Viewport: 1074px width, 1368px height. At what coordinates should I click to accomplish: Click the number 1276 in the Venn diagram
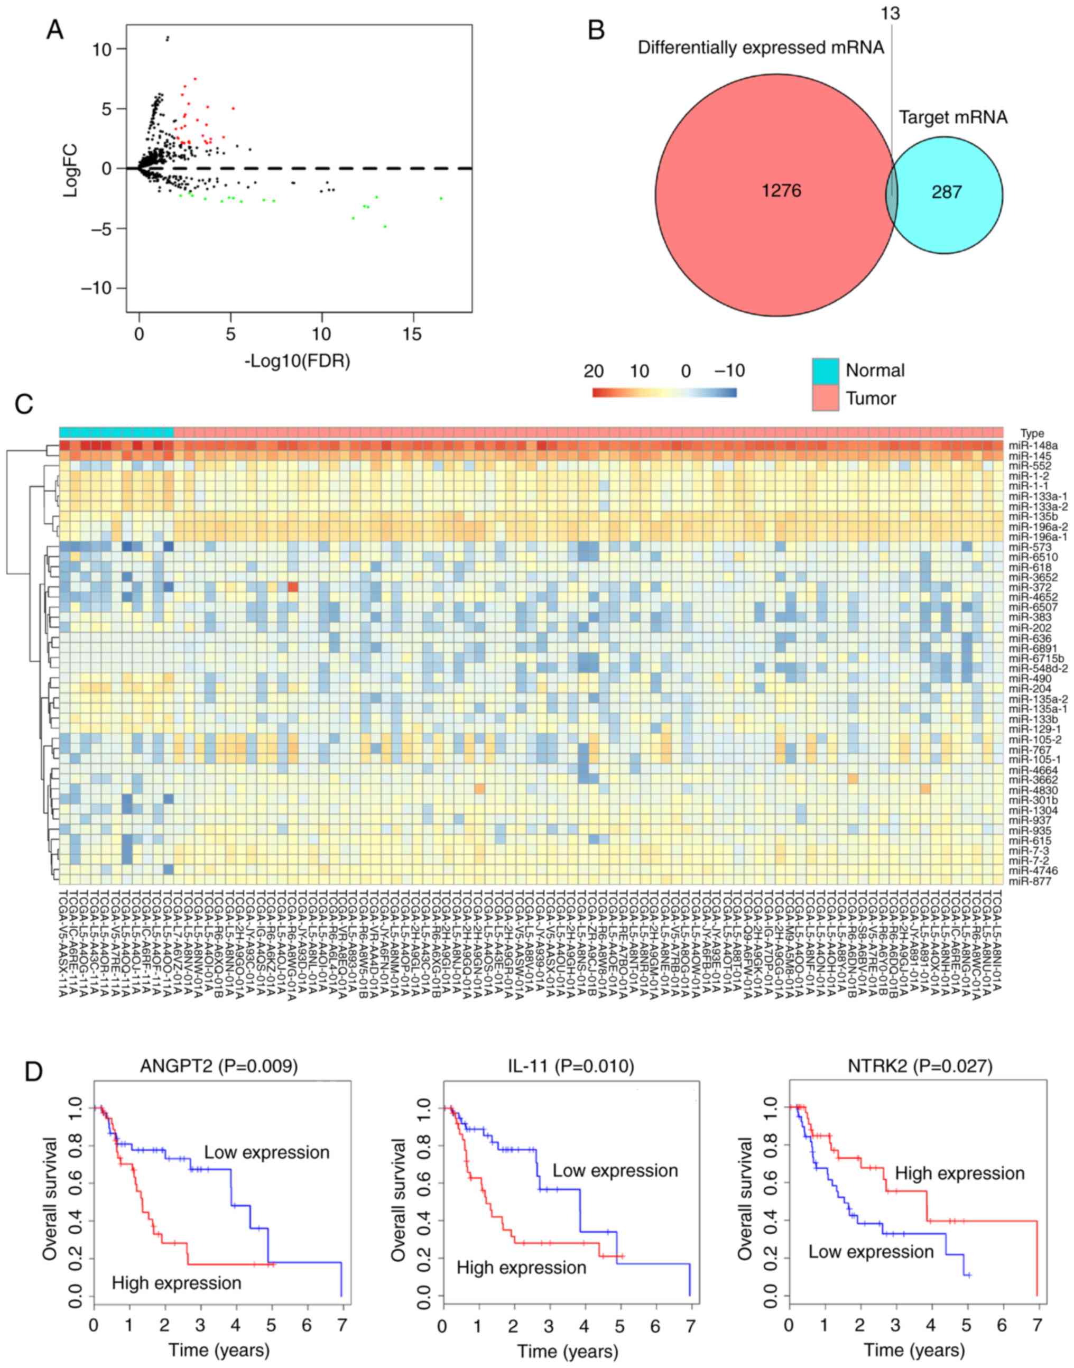click(782, 191)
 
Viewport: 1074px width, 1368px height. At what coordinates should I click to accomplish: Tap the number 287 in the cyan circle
click(946, 191)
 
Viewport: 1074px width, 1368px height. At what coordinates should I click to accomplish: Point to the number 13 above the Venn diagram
click(891, 13)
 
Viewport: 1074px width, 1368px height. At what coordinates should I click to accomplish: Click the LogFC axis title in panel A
click(70, 169)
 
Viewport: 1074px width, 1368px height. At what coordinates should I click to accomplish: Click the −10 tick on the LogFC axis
click(99, 288)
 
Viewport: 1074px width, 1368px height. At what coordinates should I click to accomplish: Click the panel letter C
click(24, 404)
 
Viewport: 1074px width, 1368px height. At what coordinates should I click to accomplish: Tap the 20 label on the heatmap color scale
click(593, 371)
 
